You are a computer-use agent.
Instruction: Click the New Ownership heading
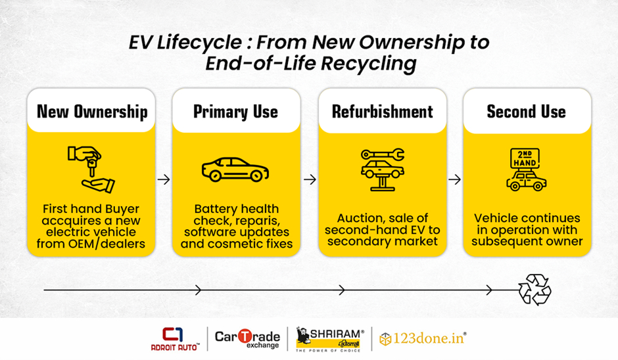pyautogui.click(x=92, y=112)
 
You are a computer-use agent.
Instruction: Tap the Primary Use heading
pyautogui.click(x=235, y=112)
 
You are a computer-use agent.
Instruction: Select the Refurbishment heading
pyautogui.click(x=383, y=112)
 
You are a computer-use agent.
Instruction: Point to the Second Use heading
pyautogui.click(x=527, y=112)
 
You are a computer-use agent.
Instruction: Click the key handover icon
pyautogui.click(x=91, y=169)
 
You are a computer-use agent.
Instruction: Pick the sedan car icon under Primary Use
pyautogui.click(x=235, y=169)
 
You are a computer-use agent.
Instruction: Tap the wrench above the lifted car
pyautogui.click(x=383, y=154)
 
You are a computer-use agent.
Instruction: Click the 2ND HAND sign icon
pyautogui.click(x=525, y=158)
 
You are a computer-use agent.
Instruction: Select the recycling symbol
pyautogui.click(x=535, y=290)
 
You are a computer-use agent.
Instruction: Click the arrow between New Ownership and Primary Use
pyautogui.click(x=164, y=179)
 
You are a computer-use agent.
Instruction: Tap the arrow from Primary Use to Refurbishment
pyautogui.click(x=310, y=179)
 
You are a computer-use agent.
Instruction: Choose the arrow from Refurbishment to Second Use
pyautogui.click(x=455, y=179)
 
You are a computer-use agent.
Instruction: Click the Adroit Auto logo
pyautogui.click(x=175, y=339)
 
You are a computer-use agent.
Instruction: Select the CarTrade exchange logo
pyautogui.click(x=247, y=338)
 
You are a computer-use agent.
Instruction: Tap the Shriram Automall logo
pyautogui.click(x=329, y=339)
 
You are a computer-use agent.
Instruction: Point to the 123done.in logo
pyautogui.click(x=423, y=338)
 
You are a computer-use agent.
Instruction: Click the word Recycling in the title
pyautogui.click(x=369, y=64)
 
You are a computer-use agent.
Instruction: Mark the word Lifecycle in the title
pyautogui.click(x=199, y=43)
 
